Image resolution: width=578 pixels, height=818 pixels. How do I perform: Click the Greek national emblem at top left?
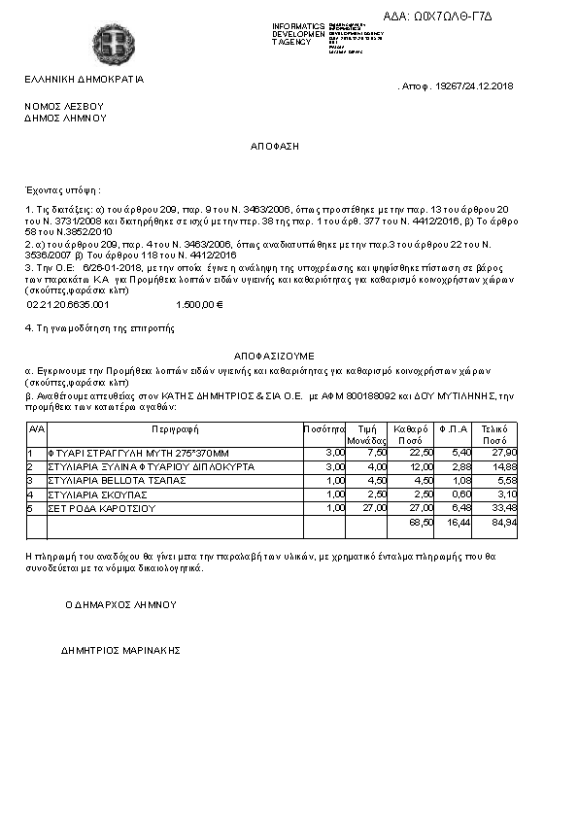coord(108,43)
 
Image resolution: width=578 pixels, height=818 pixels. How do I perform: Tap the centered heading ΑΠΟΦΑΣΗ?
coord(275,145)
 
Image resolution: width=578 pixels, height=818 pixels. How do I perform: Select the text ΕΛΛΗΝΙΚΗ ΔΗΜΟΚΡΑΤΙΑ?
coord(85,80)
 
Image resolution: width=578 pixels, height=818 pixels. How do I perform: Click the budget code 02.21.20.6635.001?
coord(68,304)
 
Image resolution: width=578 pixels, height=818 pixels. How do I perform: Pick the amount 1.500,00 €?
coord(199,304)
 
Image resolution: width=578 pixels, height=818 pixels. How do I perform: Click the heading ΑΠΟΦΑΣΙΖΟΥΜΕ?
coord(274,357)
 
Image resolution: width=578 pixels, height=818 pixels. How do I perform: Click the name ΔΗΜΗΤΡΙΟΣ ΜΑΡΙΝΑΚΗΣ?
coord(120,650)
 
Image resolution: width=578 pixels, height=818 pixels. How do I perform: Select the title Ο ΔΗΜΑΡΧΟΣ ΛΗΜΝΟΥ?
coord(120,603)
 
